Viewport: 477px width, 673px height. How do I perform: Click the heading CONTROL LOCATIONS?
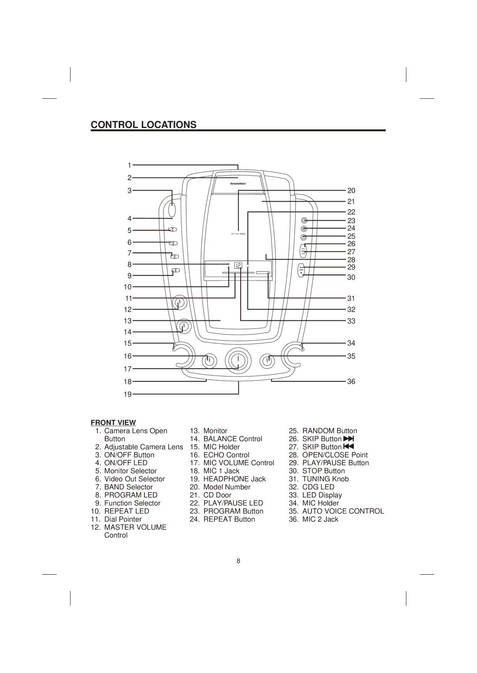(144, 125)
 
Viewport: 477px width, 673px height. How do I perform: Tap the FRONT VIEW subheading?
(113, 423)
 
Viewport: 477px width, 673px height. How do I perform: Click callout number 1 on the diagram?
(129, 165)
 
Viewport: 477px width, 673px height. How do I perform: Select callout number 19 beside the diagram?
(128, 395)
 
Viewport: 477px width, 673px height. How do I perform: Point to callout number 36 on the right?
(351, 382)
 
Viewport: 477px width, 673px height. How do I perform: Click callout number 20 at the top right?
(351, 191)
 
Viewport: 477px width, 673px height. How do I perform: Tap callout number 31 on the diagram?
(351, 299)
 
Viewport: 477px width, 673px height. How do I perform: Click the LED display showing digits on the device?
(238, 266)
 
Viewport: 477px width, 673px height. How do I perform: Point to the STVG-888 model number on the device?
(238, 234)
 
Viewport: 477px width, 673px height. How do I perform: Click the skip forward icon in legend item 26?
(349, 439)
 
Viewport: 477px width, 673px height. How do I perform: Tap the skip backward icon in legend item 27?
(349, 447)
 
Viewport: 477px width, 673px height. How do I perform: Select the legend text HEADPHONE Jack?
(235, 479)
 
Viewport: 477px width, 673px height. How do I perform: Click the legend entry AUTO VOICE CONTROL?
(343, 511)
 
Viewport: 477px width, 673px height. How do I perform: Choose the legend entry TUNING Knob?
(326, 479)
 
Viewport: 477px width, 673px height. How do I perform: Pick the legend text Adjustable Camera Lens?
(144, 447)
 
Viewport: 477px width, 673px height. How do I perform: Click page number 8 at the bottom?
(238, 561)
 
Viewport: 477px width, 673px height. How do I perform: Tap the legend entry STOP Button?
(323, 471)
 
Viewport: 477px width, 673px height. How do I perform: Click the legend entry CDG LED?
(318, 487)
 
